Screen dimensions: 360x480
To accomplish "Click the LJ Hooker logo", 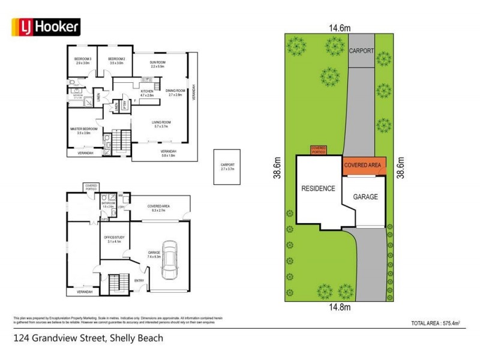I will point(46,26).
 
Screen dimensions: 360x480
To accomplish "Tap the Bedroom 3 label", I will point(82,60).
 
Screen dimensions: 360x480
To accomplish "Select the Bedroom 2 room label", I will point(116,60).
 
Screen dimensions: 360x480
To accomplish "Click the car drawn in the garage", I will point(170,259).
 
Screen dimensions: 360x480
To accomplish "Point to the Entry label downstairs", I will point(139,280).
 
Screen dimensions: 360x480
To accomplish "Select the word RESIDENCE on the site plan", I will point(318,188).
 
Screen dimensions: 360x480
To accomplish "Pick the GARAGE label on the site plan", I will point(365,196).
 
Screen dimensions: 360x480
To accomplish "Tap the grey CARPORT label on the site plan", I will point(362,51).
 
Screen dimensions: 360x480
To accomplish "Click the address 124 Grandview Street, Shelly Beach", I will point(88,338).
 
